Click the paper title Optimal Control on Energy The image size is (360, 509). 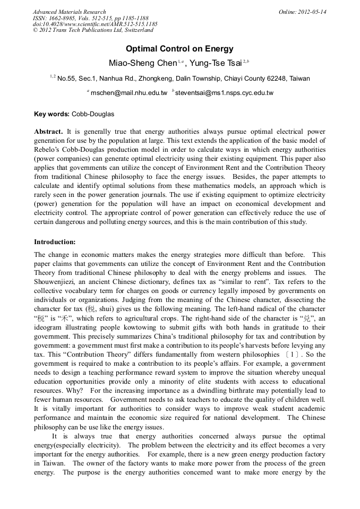[x=179, y=49]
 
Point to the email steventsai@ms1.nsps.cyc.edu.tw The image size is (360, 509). [x=224, y=93]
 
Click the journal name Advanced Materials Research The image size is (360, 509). [x=69, y=12]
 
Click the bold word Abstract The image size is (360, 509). [x=48, y=131]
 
